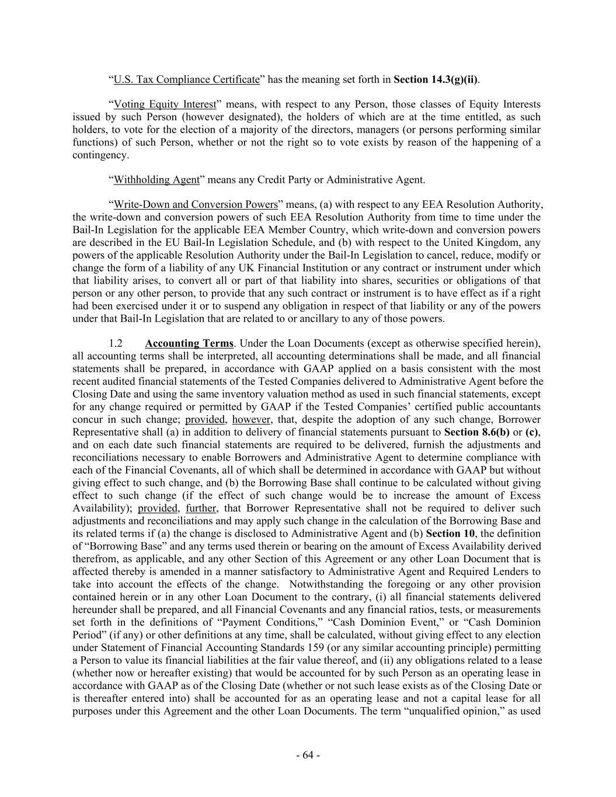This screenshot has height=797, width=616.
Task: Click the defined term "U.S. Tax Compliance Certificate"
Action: pos(186,79)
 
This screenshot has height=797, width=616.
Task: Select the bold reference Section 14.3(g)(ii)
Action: pos(436,79)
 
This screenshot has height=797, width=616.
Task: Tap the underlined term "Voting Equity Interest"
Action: pos(165,105)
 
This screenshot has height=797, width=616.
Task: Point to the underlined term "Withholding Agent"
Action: pos(156,179)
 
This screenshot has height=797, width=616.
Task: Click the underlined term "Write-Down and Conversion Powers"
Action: pos(196,204)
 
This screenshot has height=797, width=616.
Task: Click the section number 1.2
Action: pos(116,343)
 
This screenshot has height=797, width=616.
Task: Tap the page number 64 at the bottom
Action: pos(308,755)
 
